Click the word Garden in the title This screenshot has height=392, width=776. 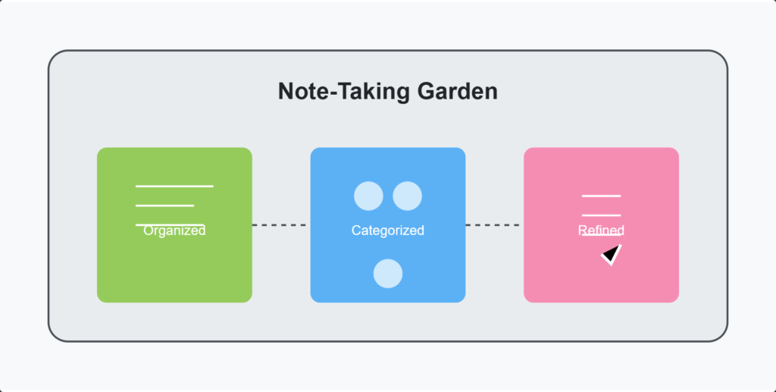point(457,92)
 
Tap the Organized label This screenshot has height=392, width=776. point(174,230)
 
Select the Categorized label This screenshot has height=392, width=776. point(387,230)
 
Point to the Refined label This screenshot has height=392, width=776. point(601,230)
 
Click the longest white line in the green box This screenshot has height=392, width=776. point(174,186)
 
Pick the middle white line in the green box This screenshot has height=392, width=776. point(164,205)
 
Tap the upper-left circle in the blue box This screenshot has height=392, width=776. point(368,196)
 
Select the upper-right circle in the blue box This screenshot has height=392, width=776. point(407,196)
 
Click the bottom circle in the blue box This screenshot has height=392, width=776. point(388,273)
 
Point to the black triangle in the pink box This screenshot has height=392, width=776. point(612,254)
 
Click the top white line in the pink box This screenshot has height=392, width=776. point(601,196)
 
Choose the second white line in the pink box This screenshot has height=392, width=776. point(601,215)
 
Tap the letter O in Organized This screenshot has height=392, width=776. point(149,230)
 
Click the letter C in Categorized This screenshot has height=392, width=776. point(356,230)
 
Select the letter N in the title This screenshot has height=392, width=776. point(286,92)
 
